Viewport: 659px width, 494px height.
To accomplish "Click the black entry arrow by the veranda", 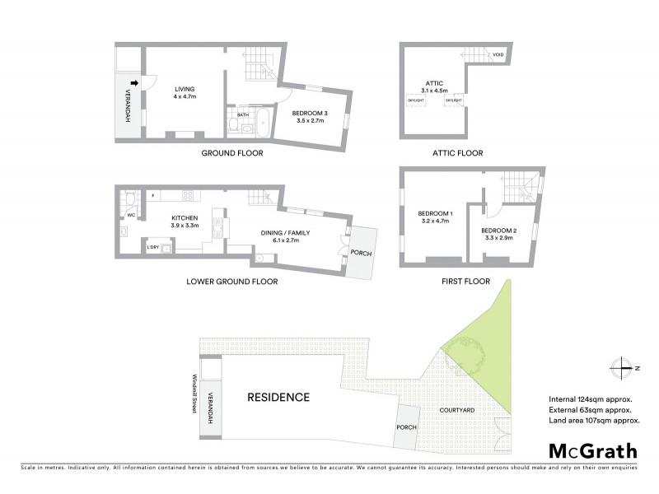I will pyautogui.click(x=143, y=82).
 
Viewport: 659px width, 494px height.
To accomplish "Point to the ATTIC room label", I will pyautogui.click(x=434, y=83).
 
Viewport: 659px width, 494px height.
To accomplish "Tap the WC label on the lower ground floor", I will pyautogui.click(x=131, y=216).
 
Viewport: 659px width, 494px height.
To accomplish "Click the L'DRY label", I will pyautogui.click(x=152, y=248).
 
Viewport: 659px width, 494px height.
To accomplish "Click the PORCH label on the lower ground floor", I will pyautogui.click(x=361, y=254).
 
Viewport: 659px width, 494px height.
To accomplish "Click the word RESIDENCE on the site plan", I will pyautogui.click(x=278, y=398).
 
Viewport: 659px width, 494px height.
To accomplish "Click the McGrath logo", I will pyautogui.click(x=592, y=450).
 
